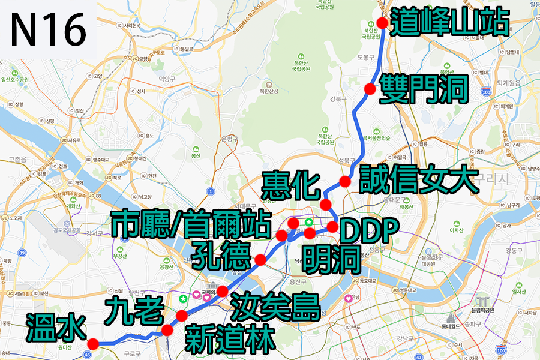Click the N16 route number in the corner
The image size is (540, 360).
[x=48, y=29]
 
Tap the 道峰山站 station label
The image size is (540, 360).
[x=449, y=23]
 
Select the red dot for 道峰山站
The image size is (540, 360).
[x=382, y=22]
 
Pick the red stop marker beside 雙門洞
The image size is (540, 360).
[x=370, y=89]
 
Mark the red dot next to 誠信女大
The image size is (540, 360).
[x=344, y=181]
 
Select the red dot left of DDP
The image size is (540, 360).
[x=332, y=227]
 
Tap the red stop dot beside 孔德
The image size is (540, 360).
[x=260, y=259]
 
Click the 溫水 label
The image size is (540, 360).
[x=56, y=328]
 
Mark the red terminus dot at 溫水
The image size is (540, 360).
[x=92, y=343]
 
